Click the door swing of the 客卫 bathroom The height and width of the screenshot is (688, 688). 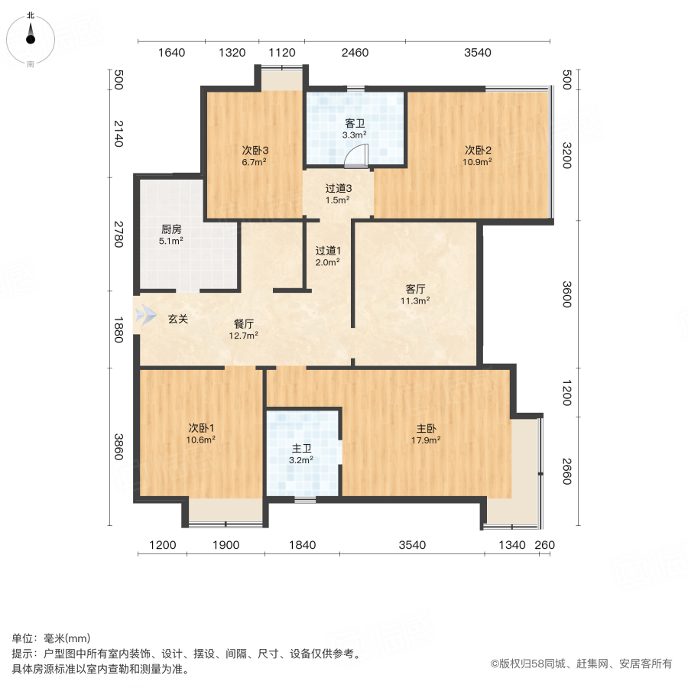pyautogui.click(x=357, y=157)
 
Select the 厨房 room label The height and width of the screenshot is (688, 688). pyautogui.click(x=171, y=229)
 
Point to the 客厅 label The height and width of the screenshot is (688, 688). pyautogui.click(x=416, y=289)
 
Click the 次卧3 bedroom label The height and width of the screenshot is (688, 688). pyautogui.click(x=255, y=150)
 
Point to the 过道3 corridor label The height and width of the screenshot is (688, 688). pyautogui.click(x=338, y=188)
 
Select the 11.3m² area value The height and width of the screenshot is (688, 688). pyautogui.click(x=416, y=300)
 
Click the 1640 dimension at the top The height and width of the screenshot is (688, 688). pyautogui.click(x=172, y=53)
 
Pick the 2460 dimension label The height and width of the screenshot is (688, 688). pyautogui.click(x=355, y=53)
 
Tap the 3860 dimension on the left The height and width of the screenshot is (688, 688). pyautogui.click(x=118, y=447)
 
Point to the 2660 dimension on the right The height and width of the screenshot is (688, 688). pyautogui.click(x=566, y=470)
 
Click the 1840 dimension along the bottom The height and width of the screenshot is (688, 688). pyautogui.click(x=303, y=545)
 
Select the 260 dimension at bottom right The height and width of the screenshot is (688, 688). pyautogui.click(x=544, y=545)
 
